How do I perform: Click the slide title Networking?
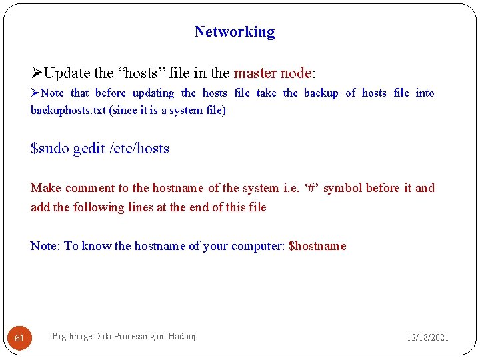click(x=234, y=31)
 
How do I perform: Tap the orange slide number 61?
click(x=19, y=338)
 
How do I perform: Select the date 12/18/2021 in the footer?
click(x=427, y=337)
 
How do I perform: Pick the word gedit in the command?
click(x=89, y=148)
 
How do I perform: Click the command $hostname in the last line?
click(x=317, y=246)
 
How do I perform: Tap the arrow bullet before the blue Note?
click(x=35, y=93)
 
